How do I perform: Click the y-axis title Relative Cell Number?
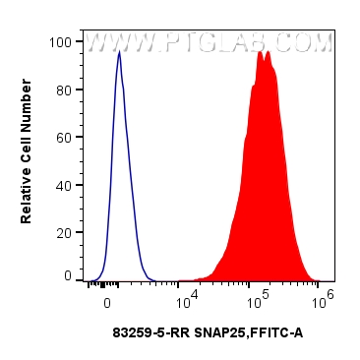27,159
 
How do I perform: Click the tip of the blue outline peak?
119,52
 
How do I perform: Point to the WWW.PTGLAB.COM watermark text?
209,43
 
